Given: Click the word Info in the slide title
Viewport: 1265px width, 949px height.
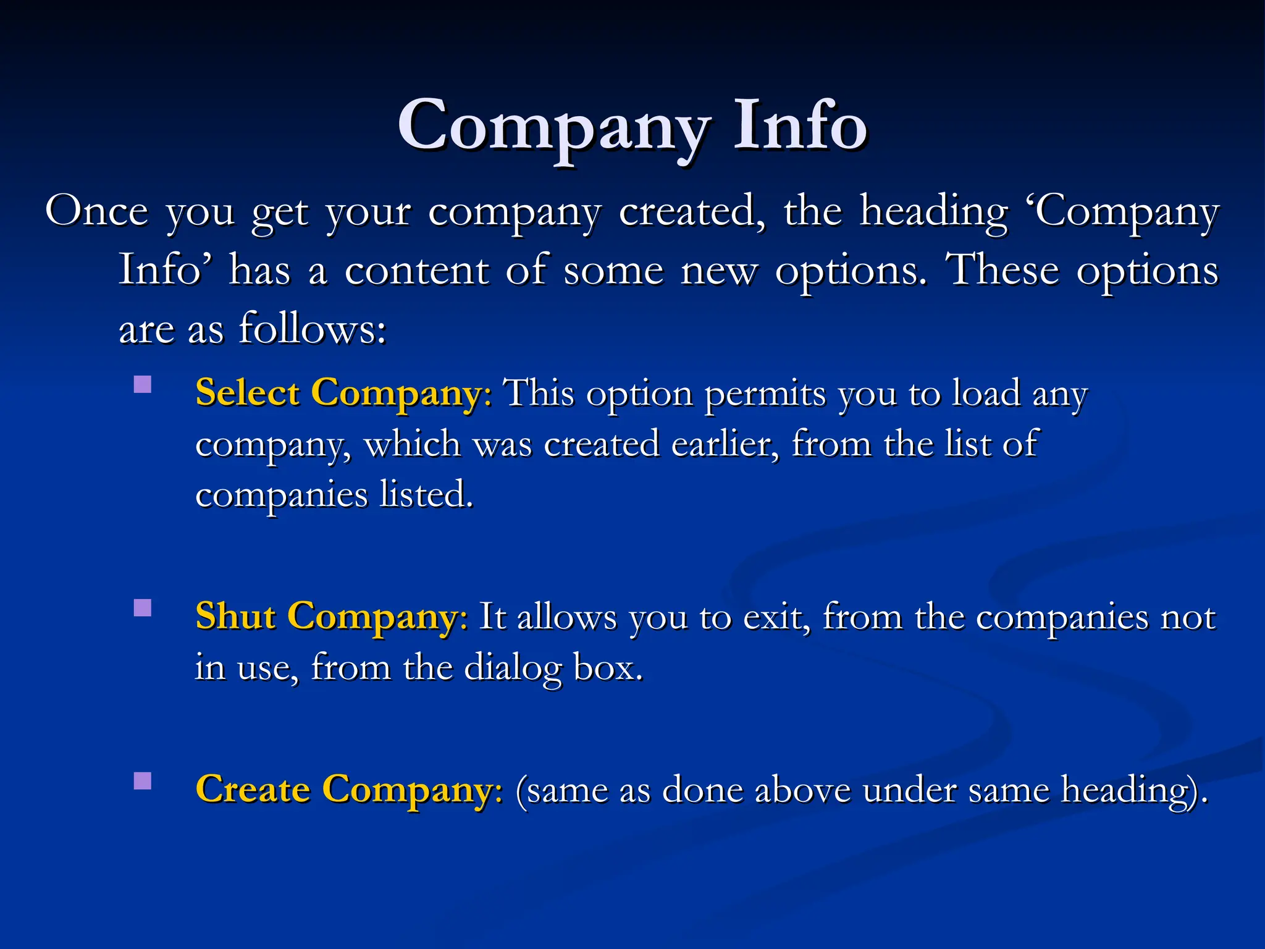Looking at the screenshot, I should [x=801, y=126].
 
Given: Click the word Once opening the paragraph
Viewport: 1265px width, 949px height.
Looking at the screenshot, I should [x=97, y=212].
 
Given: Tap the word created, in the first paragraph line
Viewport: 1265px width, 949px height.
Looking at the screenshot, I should [x=692, y=212].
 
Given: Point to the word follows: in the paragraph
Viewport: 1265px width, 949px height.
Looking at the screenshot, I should [x=313, y=328].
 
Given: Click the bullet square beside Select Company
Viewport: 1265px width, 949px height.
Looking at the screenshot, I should [x=143, y=385].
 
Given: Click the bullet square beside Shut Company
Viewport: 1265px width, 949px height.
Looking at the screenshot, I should [x=143, y=608].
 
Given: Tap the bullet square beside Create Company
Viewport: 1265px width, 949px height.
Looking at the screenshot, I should [x=143, y=781].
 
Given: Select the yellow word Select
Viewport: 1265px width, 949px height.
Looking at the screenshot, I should [x=248, y=393].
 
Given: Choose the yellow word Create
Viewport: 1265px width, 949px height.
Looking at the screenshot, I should [x=253, y=789].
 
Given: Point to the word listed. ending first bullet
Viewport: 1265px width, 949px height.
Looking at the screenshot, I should [x=426, y=494].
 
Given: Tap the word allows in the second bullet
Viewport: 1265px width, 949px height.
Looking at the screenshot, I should [x=567, y=617].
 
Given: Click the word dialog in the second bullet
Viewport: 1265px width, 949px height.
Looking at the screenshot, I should [x=512, y=668].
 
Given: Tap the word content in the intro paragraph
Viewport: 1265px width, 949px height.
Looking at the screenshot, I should [x=417, y=270].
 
